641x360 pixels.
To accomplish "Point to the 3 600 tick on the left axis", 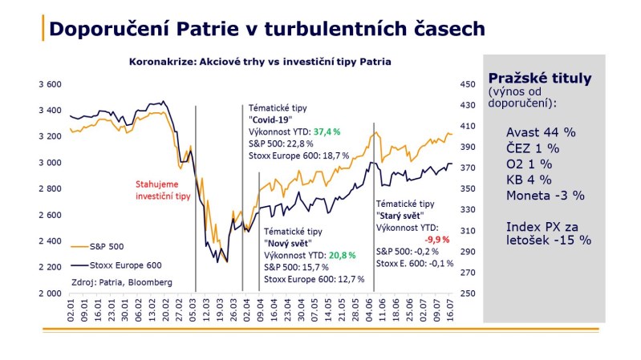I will point(50,84).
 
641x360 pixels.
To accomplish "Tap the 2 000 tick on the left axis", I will point(50,293).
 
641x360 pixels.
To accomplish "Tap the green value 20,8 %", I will point(336,255).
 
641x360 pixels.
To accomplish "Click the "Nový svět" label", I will point(289,243).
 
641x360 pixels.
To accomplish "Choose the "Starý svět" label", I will point(402,216).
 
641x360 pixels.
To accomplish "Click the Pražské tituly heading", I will point(539,79).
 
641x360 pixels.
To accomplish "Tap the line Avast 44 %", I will point(542,131).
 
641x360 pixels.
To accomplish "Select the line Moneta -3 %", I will point(545,195).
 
